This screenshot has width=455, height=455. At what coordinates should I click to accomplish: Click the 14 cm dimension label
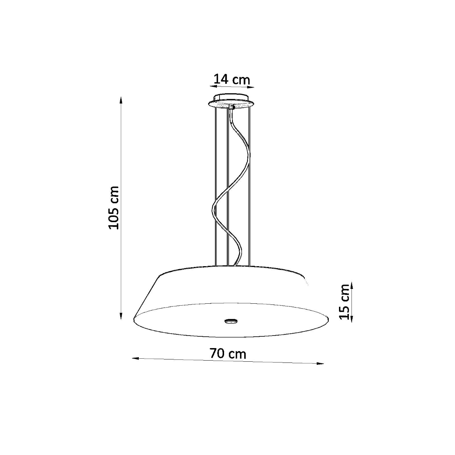(232, 80)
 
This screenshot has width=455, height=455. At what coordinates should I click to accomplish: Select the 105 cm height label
(114, 207)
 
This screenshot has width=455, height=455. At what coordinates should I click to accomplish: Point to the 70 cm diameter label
(228, 353)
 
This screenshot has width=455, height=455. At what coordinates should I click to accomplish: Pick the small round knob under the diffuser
(230, 321)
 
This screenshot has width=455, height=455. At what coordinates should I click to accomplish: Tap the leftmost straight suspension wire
(215, 190)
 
